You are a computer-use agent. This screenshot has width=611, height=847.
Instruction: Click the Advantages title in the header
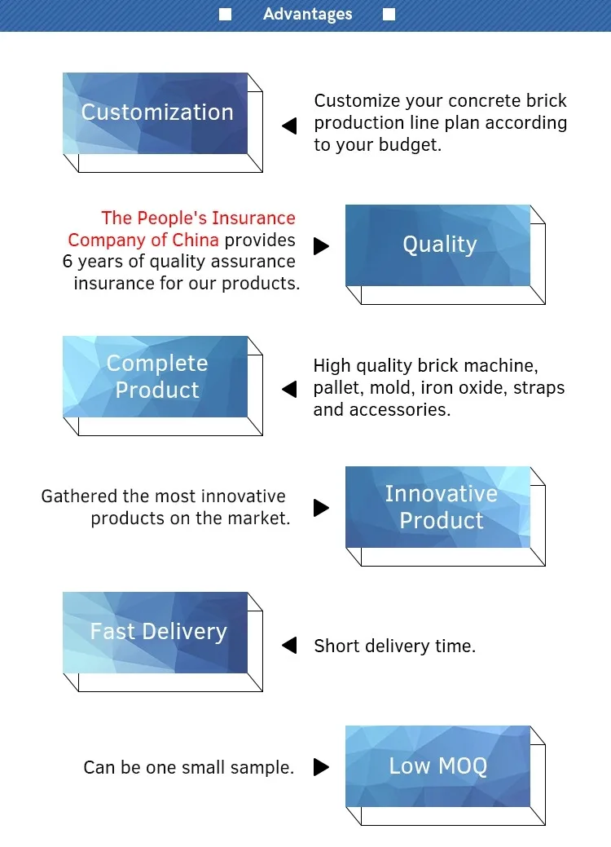[x=308, y=14]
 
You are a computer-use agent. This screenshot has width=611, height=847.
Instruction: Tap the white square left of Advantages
[x=226, y=14]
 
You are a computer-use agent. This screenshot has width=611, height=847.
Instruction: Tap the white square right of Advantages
[x=389, y=14]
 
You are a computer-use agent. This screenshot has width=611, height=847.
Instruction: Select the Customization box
[x=156, y=113]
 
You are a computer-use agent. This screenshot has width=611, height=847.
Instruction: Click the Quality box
[x=438, y=245]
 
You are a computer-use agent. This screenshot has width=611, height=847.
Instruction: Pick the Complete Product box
[x=156, y=377]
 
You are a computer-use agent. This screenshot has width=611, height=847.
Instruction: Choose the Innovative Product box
[x=438, y=507]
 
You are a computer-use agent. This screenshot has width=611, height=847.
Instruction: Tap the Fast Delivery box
[x=156, y=633]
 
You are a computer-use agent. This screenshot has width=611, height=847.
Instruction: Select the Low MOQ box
[x=438, y=766]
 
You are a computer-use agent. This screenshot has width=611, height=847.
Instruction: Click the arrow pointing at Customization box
[x=289, y=126]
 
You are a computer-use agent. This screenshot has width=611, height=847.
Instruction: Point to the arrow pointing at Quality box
[x=321, y=245]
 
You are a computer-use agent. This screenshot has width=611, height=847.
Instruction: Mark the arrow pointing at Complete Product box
[x=289, y=390]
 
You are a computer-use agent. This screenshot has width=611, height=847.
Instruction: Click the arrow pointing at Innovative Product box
[x=321, y=508]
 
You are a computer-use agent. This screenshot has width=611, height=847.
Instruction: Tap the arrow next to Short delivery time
[x=289, y=646]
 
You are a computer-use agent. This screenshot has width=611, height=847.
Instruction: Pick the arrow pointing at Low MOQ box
[x=321, y=767]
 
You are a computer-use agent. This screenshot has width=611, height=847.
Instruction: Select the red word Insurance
[x=253, y=218]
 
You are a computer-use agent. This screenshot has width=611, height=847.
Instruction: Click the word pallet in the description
[x=335, y=388]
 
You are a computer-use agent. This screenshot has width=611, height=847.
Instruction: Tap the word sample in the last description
[x=265, y=768]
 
